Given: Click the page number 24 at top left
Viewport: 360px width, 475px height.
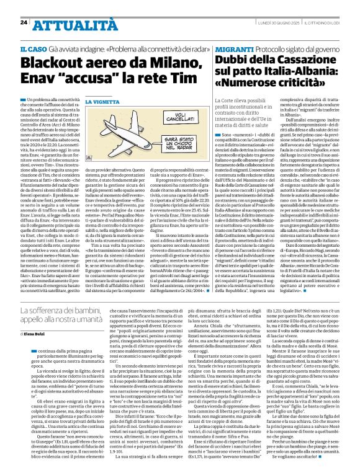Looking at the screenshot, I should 23,22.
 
